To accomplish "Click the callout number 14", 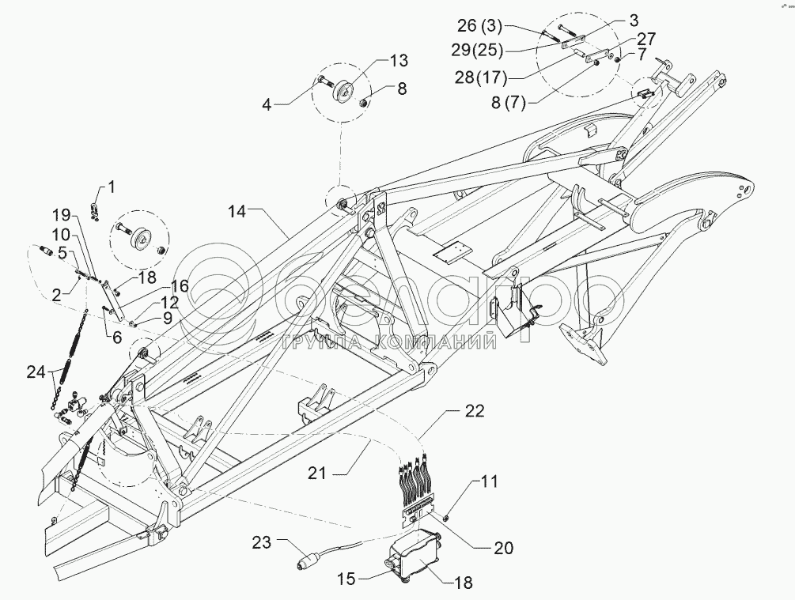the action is (x=237, y=211).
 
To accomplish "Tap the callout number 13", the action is (x=399, y=60).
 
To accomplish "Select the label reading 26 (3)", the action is (x=479, y=25).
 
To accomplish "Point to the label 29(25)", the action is (x=477, y=50).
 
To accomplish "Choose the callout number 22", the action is (x=475, y=410).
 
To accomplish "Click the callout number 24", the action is (x=37, y=372).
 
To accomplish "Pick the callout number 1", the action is (x=111, y=187).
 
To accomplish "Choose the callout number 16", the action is (x=179, y=286).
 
